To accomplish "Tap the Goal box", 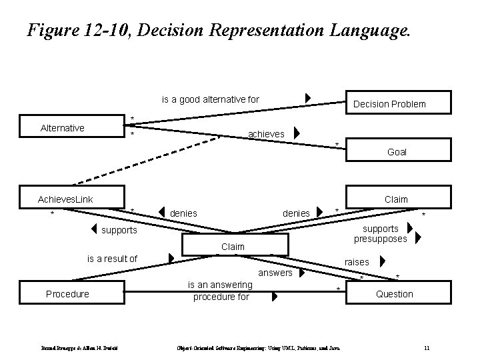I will (x=397, y=152).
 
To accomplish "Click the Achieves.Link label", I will (x=65, y=199).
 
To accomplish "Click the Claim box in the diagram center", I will (x=233, y=246).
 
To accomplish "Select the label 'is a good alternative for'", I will (x=211, y=99).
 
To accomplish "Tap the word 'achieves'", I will (x=266, y=134).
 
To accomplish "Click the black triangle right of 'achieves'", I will (x=297, y=133).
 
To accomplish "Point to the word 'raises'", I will (x=357, y=263).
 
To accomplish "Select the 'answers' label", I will (x=275, y=273).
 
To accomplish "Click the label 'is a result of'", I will (x=113, y=259).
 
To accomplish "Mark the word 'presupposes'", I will (x=381, y=239).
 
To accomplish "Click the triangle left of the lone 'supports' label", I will (x=94, y=231).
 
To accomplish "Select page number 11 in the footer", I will (x=427, y=347).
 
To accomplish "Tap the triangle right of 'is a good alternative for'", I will (x=307, y=99).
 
